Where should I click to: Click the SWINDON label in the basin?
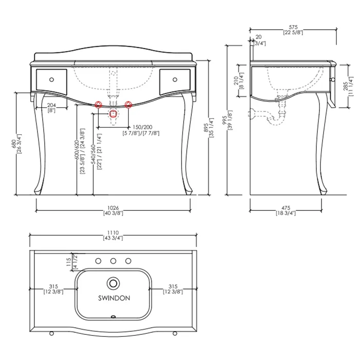point(114,298)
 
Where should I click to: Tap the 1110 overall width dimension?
point(113,232)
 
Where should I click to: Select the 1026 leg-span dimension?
point(113,208)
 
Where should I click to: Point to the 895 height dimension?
point(206,128)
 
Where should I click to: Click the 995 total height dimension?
point(225,120)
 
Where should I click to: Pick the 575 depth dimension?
point(293,27)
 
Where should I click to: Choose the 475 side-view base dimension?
point(286,208)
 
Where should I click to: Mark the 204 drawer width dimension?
point(51,105)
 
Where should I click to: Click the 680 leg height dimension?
point(14,143)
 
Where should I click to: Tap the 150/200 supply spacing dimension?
point(142,127)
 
